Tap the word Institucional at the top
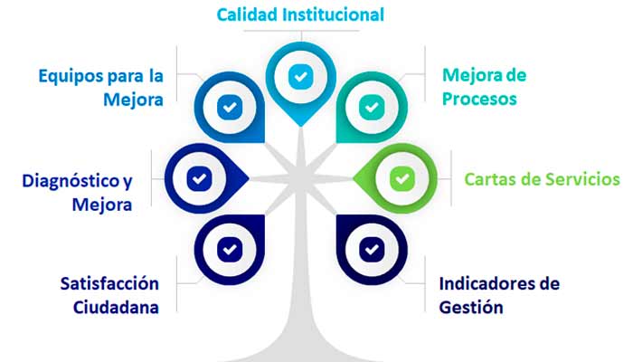[335, 15]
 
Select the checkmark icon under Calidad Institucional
[299, 77]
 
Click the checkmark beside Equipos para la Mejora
[230, 107]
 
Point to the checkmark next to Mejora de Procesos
[371, 107]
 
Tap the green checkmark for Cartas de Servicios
[401, 178]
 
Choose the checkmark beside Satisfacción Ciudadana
[230, 247]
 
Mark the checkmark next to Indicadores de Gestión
[371, 247]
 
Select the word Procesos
[479, 99]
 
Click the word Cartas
[489, 178]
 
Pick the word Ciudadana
[117, 306]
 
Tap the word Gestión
[470, 307]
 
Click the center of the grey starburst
[299, 177]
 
